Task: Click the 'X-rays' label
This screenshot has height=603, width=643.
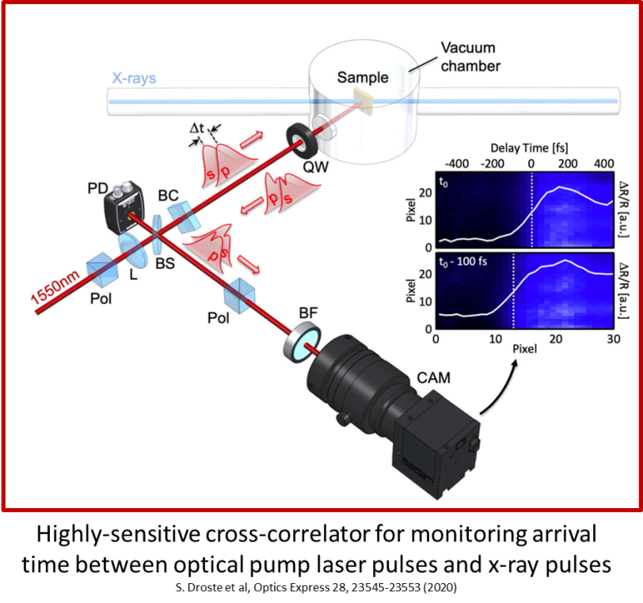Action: coord(135,79)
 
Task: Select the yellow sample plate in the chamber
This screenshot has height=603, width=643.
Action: coord(363,99)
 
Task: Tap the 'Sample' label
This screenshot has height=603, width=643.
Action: coord(363,77)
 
